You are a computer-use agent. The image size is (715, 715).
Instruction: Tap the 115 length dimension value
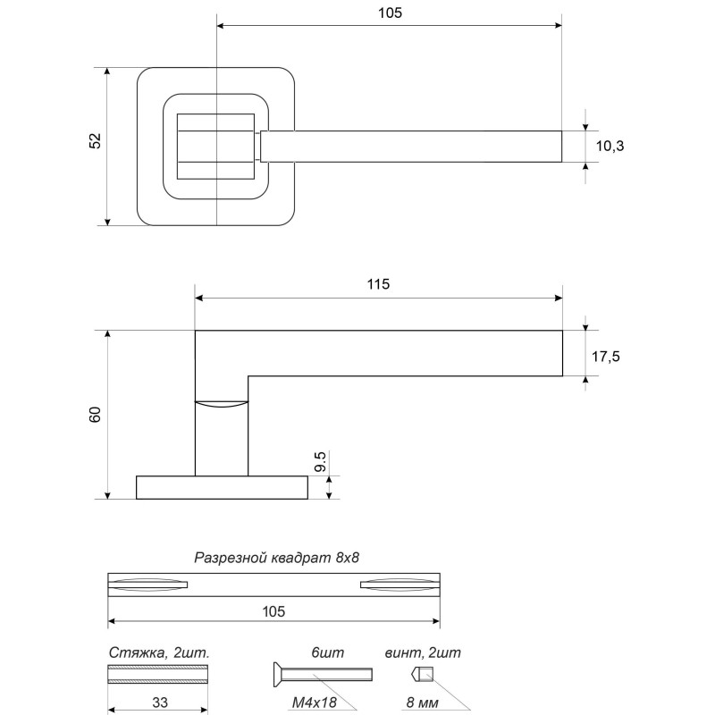pyautogui.click(x=378, y=284)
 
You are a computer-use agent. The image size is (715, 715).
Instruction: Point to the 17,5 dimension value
pyautogui.click(x=606, y=356)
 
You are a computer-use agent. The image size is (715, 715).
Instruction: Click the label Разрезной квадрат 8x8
pyautogui.click(x=276, y=559)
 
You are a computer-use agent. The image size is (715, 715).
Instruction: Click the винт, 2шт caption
pyautogui.click(x=423, y=652)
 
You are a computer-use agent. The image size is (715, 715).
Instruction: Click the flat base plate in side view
pyautogui.click(x=222, y=487)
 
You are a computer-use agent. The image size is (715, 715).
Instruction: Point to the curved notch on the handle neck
pyautogui.click(x=221, y=405)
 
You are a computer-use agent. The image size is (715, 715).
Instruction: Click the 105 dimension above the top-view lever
pyautogui.click(x=391, y=13)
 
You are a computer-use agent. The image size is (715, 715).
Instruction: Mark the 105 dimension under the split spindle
pyautogui.click(x=273, y=612)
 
